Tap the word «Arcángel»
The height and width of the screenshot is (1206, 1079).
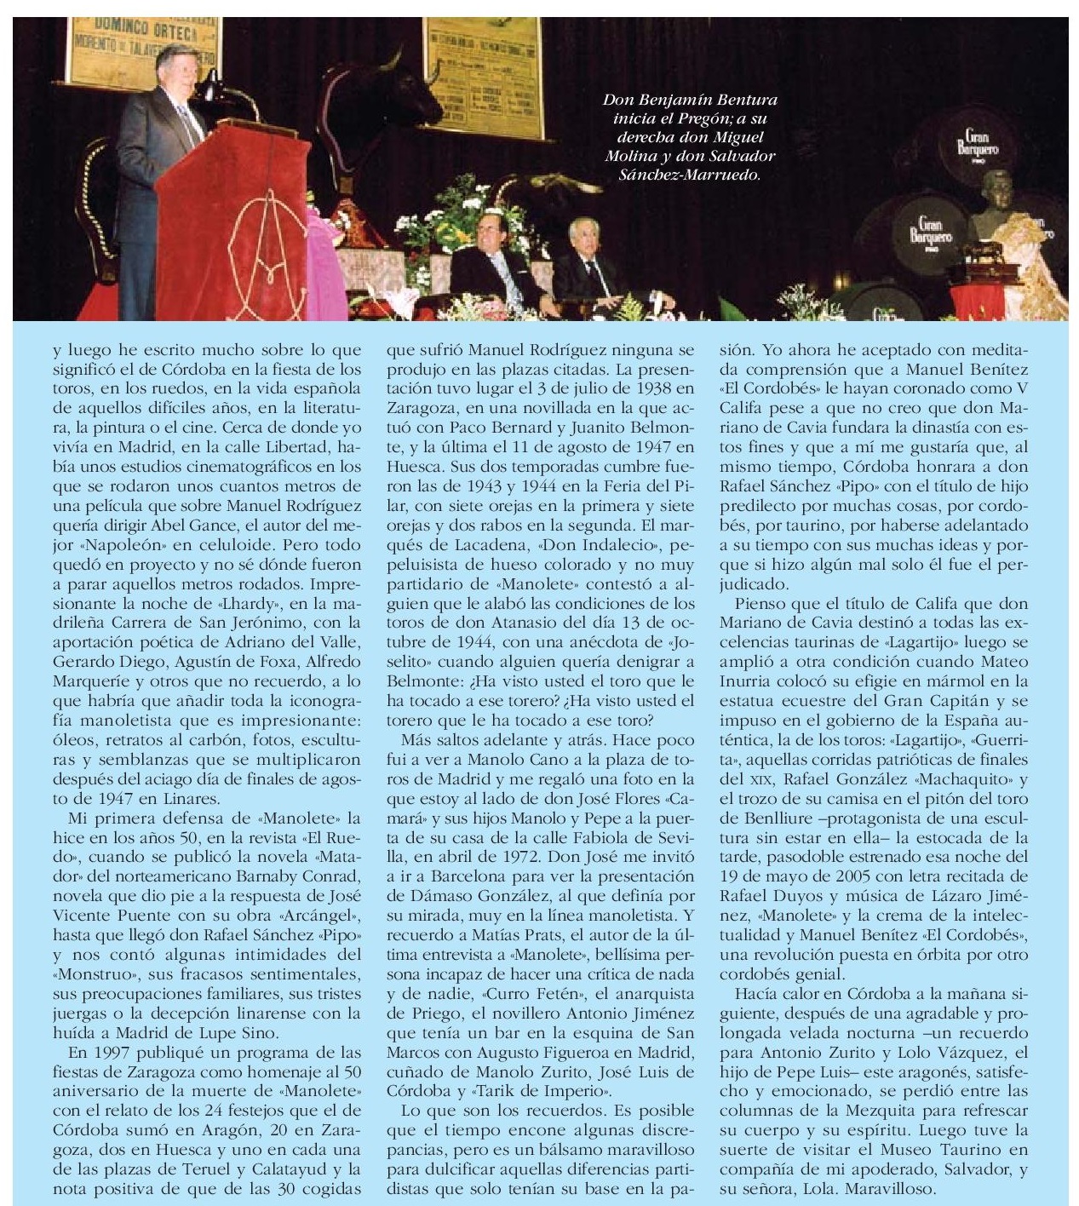[x=324, y=916]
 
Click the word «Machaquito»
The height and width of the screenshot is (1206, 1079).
[x=965, y=779]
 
